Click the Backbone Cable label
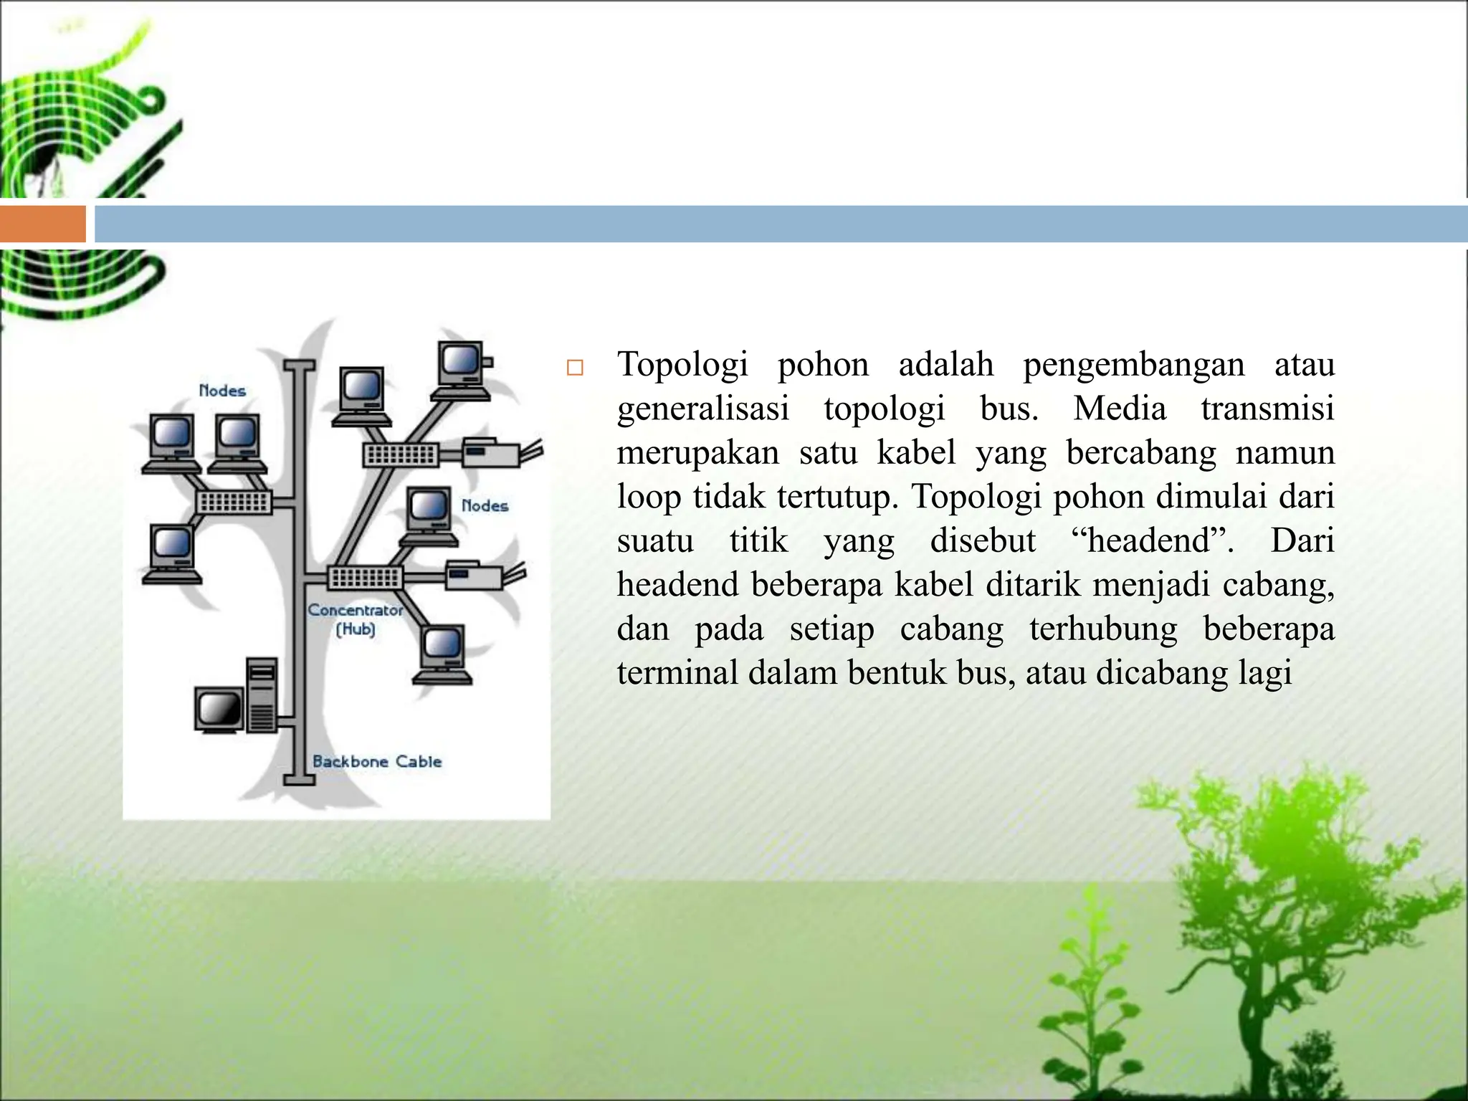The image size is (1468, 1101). coord(377,761)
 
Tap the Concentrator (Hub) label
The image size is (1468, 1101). coord(356,619)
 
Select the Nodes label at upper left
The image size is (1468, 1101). coord(222,391)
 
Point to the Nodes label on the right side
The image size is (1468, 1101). coord(485,505)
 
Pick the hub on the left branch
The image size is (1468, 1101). coord(234,502)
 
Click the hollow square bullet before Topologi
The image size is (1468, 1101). coord(574,368)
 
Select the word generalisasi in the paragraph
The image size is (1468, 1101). coord(702,409)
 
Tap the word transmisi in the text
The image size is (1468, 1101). coord(1267,409)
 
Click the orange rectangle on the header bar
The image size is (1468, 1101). coord(42,224)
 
